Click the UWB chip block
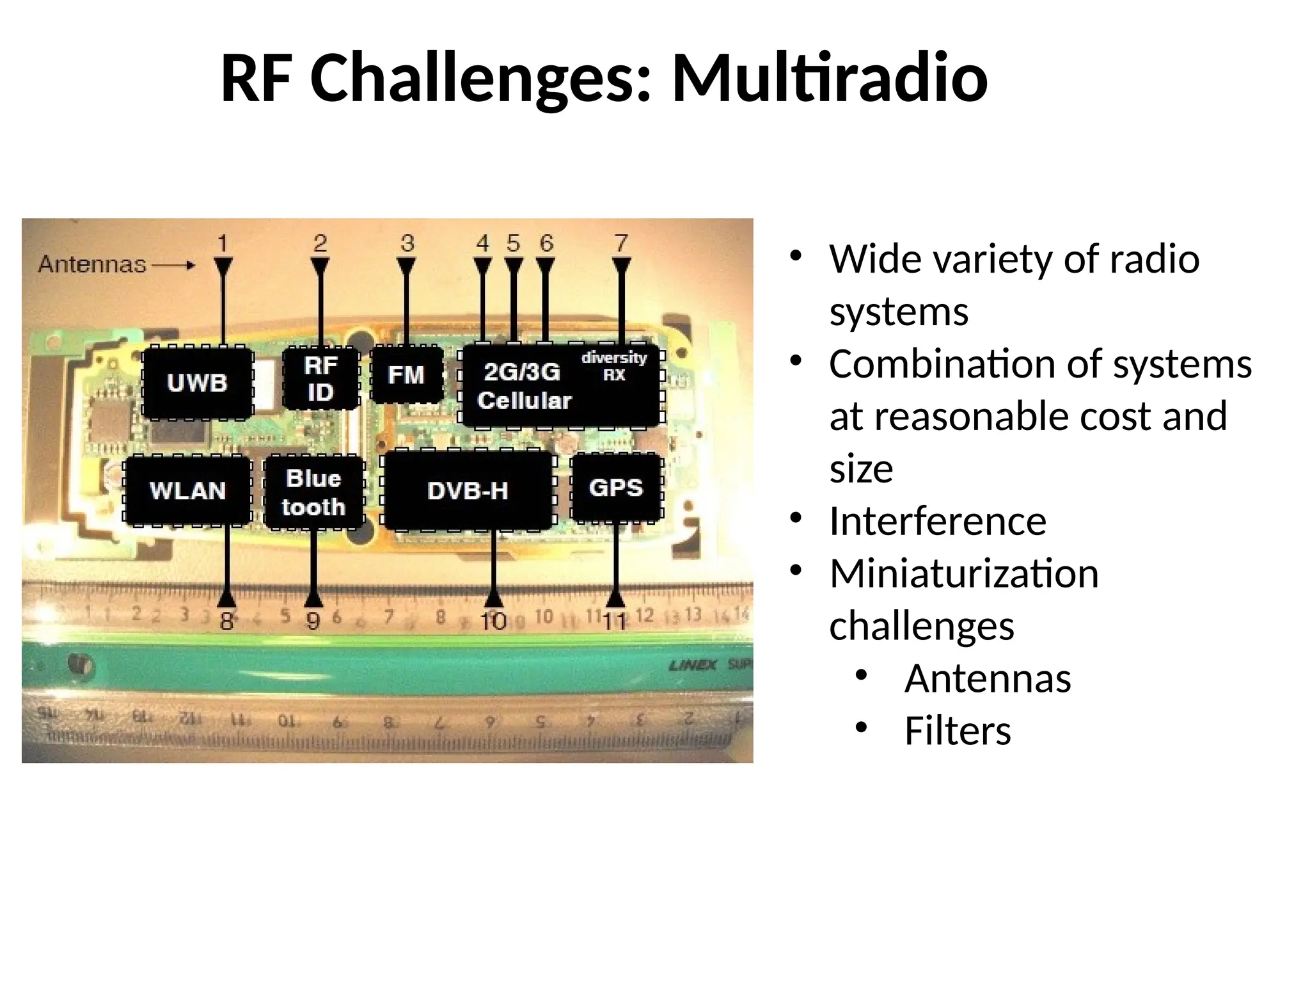click(x=197, y=383)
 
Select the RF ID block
click(x=320, y=378)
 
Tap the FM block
click(x=406, y=374)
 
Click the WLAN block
click(x=187, y=490)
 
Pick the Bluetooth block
click(x=313, y=491)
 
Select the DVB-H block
click(x=468, y=490)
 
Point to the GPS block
click(x=615, y=487)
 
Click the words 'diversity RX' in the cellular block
click(x=613, y=365)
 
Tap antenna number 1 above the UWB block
click(x=223, y=244)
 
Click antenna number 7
click(x=621, y=244)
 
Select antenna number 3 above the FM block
click(x=407, y=244)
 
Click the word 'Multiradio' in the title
click(x=829, y=78)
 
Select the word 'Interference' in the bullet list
click(x=937, y=520)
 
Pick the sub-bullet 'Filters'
click(x=957, y=730)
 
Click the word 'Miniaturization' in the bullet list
click(x=963, y=573)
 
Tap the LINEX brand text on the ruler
click(x=693, y=665)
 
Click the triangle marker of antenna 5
click(x=514, y=265)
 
